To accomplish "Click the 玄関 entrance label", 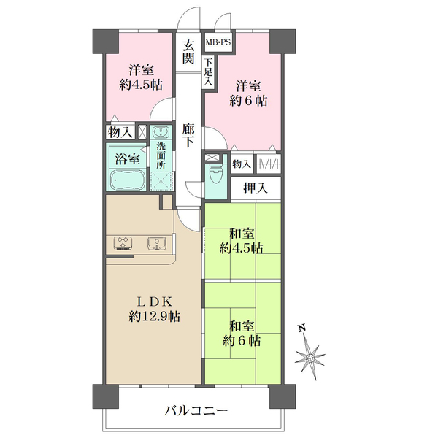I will (x=188, y=50).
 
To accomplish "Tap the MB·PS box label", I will (x=218, y=43).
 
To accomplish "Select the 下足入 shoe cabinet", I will (x=208, y=73).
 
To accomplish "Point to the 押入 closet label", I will (x=255, y=188).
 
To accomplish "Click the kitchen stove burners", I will (x=122, y=244).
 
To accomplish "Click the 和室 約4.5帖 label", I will (x=242, y=241).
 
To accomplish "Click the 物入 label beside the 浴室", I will (x=120, y=132).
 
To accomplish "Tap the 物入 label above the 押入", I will (x=241, y=165).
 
